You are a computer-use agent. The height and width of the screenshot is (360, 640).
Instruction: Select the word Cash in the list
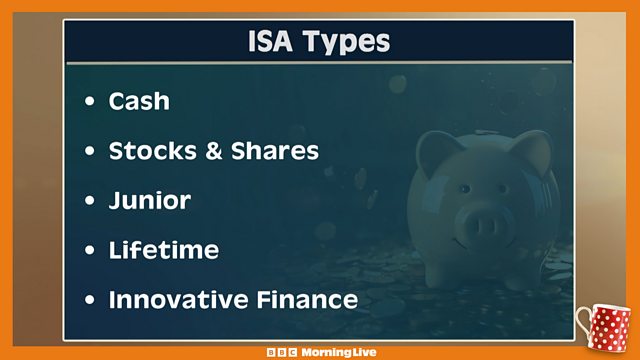[x=139, y=101]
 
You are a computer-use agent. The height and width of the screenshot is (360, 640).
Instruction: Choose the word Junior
[x=150, y=200]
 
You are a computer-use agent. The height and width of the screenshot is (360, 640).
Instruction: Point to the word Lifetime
[x=163, y=249]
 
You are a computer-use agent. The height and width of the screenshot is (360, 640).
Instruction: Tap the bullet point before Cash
[x=91, y=102]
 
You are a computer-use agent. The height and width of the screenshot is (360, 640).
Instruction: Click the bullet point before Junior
[x=91, y=201]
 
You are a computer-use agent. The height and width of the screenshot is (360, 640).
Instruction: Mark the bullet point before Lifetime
[x=91, y=250]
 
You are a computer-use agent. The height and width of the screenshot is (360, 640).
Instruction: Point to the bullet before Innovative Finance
[x=91, y=299]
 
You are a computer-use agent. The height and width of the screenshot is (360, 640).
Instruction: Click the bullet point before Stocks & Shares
[x=91, y=152]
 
